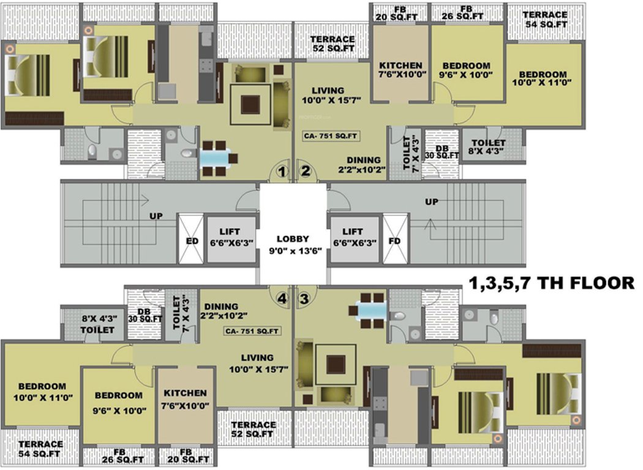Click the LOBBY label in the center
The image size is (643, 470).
coord(292,244)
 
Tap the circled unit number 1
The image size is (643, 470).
coord(281,172)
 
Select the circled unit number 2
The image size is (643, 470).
coord(305,172)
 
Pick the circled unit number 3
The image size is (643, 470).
coord(304,299)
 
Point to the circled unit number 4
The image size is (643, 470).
coord(281,299)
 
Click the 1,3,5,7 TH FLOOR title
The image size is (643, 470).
coord(551,283)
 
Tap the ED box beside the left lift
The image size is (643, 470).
coord(190,240)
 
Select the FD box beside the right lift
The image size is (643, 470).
coord(395,240)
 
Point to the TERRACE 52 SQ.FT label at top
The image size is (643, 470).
coord(333,43)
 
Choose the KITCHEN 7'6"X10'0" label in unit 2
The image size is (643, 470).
coord(400,71)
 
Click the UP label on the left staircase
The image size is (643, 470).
coord(156,216)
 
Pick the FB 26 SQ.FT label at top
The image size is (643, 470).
coord(466,12)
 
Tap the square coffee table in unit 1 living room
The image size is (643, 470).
coord(250,105)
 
